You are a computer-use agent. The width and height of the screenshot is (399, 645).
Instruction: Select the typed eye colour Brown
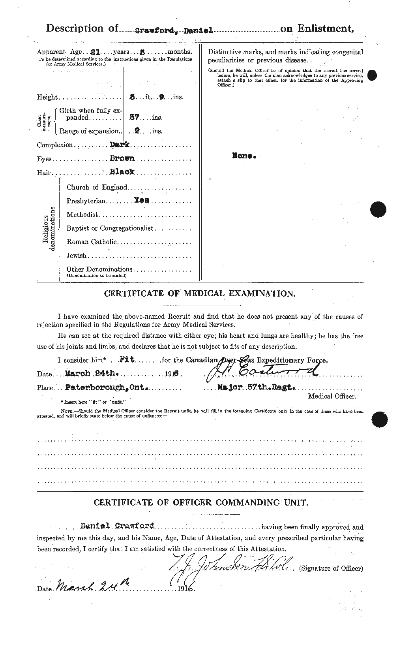[123, 158]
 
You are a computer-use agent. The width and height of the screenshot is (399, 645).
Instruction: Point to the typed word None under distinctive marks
[244, 156]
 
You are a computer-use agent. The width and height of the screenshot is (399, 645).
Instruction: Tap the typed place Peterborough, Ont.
[95, 387]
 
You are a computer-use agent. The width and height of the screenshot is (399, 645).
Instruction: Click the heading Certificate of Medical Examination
[199, 293]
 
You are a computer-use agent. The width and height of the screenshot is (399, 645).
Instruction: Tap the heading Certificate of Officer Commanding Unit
[199, 502]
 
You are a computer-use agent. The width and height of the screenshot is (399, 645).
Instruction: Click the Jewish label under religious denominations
[76, 255]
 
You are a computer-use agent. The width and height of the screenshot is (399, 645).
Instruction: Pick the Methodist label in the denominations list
[82, 214]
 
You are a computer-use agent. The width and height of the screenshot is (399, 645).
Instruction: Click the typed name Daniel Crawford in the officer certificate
[117, 527]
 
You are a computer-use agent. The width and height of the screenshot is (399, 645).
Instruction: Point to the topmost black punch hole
[371, 75]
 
